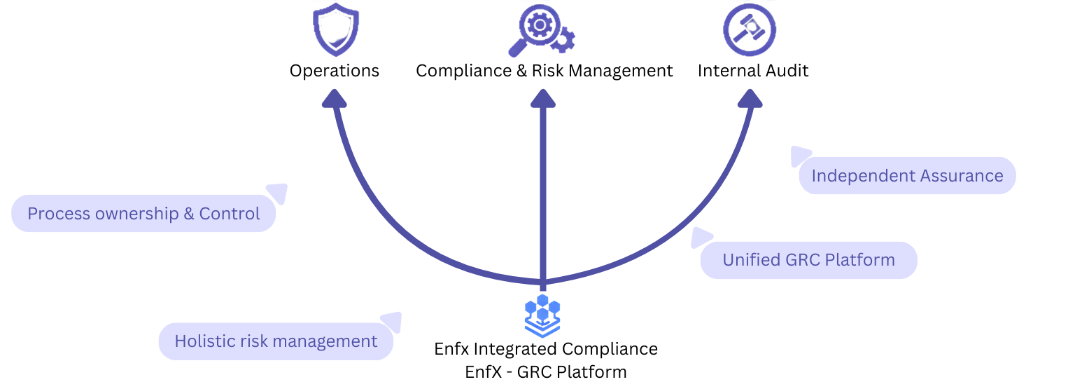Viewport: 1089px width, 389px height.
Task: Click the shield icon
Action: point(335,31)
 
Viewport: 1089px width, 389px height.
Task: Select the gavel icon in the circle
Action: point(750,30)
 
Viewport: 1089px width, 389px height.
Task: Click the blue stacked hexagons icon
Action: point(542,315)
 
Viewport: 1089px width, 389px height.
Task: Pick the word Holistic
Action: point(204,341)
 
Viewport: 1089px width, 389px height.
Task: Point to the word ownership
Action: point(136,214)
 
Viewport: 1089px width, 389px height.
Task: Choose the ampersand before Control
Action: point(189,214)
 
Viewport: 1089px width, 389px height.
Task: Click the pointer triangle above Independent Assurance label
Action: point(799,155)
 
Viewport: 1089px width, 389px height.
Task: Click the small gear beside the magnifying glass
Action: point(563,41)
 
